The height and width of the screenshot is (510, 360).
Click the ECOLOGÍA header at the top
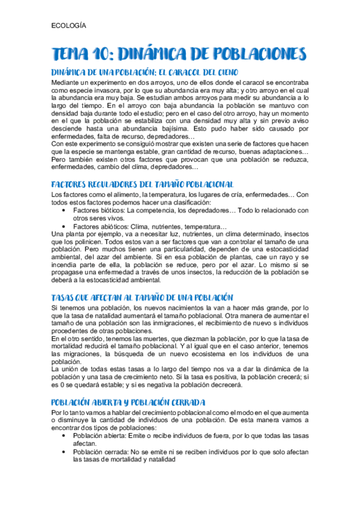[x=69, y=26]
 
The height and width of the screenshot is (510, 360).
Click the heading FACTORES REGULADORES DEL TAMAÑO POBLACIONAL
[x=142, y=185]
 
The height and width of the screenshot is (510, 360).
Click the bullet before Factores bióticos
[x=64, y=210]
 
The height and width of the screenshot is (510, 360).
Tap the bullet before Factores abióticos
[x=64, y=226]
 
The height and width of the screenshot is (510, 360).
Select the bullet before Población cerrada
[x=64, y=450]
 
